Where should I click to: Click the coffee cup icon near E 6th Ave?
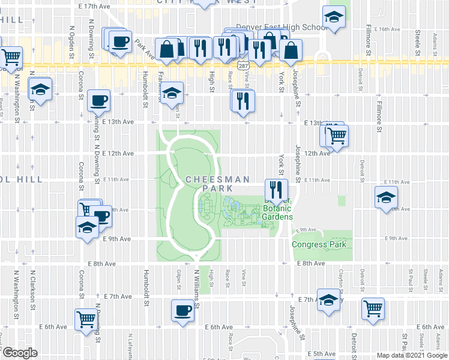pyautogui.click(x=182, y=311)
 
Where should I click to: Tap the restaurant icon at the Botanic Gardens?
pyautogui.click(x=276, y=190)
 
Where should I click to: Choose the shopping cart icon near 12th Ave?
pyautogui.click(x=337, y=137)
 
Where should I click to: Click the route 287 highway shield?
pyautogui.click(x=243, y=62)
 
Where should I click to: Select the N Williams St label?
pyautogui.click(x=196, y=286)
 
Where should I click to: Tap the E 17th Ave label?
pyautogui.click(x=95, y=5)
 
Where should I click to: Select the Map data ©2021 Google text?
pyautogui.click(x=412, y=356)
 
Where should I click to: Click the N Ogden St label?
pyautogui.click(x=72, y=39)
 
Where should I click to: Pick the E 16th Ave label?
pyautogui.click(x=387, y=29)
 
